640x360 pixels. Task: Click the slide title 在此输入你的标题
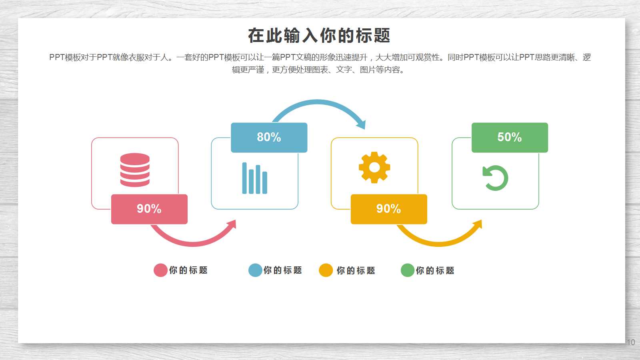point(319,36)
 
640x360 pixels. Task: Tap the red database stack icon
point(135,170)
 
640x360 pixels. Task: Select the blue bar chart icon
point(254,178)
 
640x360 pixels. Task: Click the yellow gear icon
point(374,167)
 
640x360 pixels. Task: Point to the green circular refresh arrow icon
point(495,178)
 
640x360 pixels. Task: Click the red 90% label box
point(149,209)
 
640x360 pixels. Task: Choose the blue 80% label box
point(269,137)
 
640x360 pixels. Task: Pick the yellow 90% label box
point(389,209)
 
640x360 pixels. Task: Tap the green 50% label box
point(510,137)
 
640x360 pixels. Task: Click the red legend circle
point(160,270)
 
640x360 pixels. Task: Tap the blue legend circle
point(255,270)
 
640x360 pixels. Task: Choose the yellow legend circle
point(326,270)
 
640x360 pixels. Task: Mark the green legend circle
point(407,270)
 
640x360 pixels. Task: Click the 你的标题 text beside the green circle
point(435,271)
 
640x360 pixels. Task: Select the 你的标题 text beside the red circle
point(188,270)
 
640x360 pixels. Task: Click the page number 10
point(631,342)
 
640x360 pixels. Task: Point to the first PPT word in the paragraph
point(57,58)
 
